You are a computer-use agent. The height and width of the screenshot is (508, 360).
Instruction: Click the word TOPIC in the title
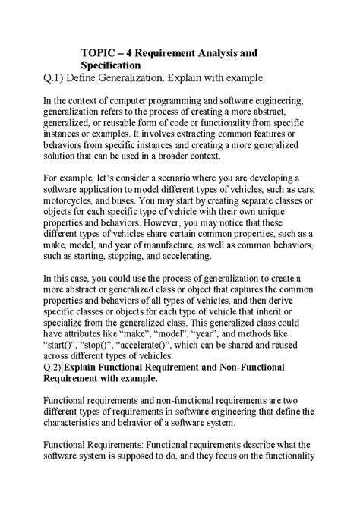point(100,53)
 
